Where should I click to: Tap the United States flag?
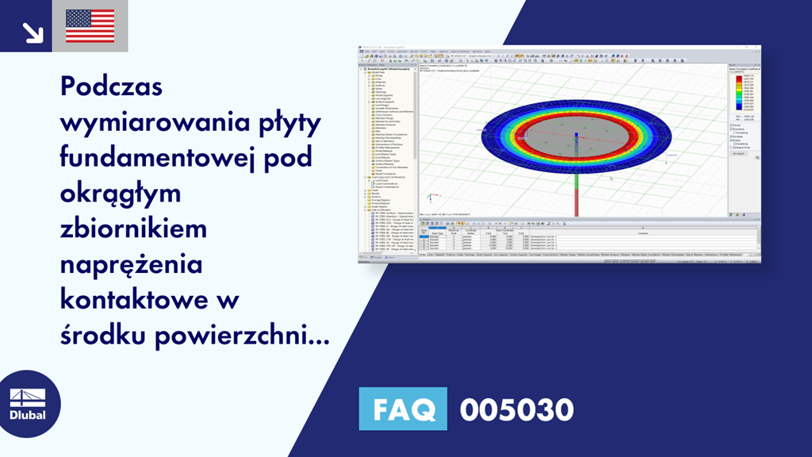coord(90,26)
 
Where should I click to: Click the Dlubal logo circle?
coord(28,404)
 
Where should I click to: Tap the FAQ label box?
coord(403,410)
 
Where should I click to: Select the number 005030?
coord(516,410)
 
